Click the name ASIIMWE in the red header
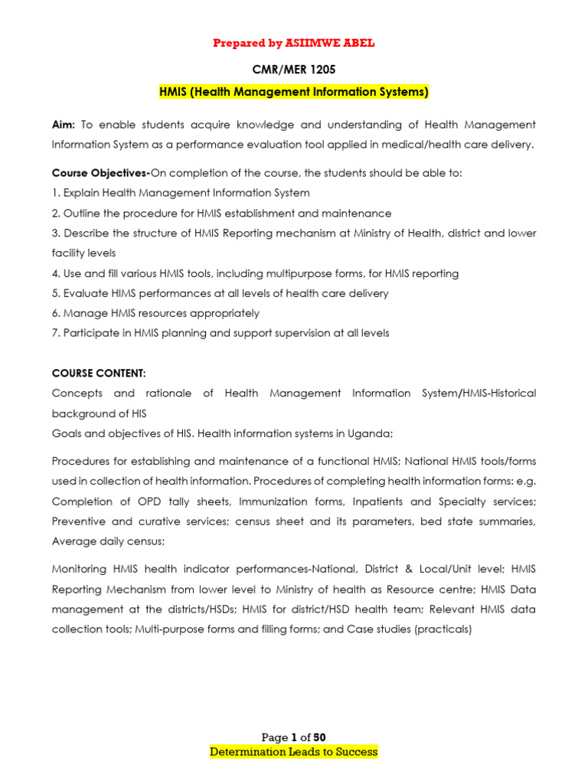point(312,43)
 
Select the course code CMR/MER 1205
point(294,70)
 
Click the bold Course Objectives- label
point(100,173)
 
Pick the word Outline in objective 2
point(83,213)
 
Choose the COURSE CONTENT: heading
point(98,373)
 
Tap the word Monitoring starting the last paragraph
point(83,570)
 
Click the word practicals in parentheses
point(443,629)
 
